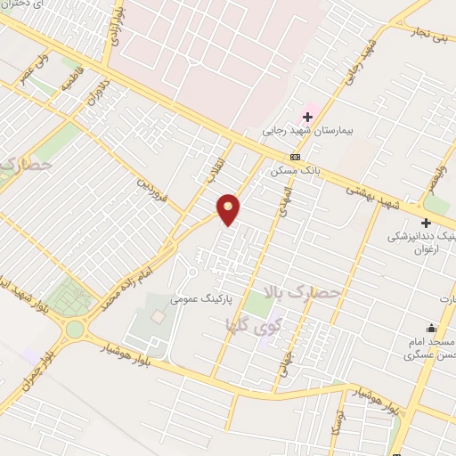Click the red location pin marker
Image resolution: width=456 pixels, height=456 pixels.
(x=229, y=208)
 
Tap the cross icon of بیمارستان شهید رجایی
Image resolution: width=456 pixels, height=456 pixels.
(x=307, y=117)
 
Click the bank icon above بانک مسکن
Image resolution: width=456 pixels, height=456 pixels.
(x=295, y=157)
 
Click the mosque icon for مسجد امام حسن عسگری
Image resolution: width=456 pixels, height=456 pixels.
(x=431, y=329)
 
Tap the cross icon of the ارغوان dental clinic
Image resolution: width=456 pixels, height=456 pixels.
(x=426, y=223)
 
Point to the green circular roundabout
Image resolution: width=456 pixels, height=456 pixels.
(x=75, y=330)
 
